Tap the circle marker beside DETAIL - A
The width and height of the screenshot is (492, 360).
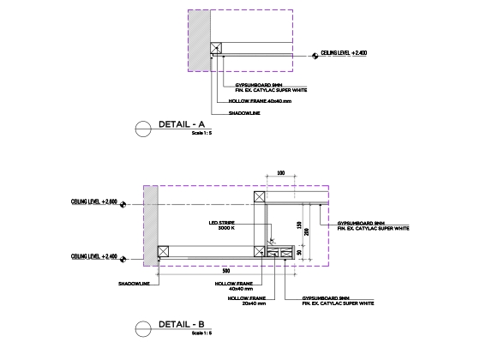pyautogui.click(x=144, y=129)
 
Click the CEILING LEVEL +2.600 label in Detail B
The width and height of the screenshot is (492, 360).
pyautogui.click(x=93, y=203)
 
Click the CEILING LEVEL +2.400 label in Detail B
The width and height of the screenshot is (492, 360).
pyautogui.click(x=93, y=256)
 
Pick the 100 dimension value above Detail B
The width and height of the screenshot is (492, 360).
pyautogui.click(x=281, y=173)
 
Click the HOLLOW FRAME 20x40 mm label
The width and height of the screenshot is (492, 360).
pyautogui.click(x=253, y=301)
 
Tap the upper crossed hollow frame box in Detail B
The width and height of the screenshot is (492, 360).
pyautogui.click(x=260, y=197)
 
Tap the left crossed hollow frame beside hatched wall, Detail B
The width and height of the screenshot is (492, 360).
pyautogui.click(x=164, y=251)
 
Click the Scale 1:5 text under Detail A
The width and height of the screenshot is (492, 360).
pyautogui.click(x=202, y=134)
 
